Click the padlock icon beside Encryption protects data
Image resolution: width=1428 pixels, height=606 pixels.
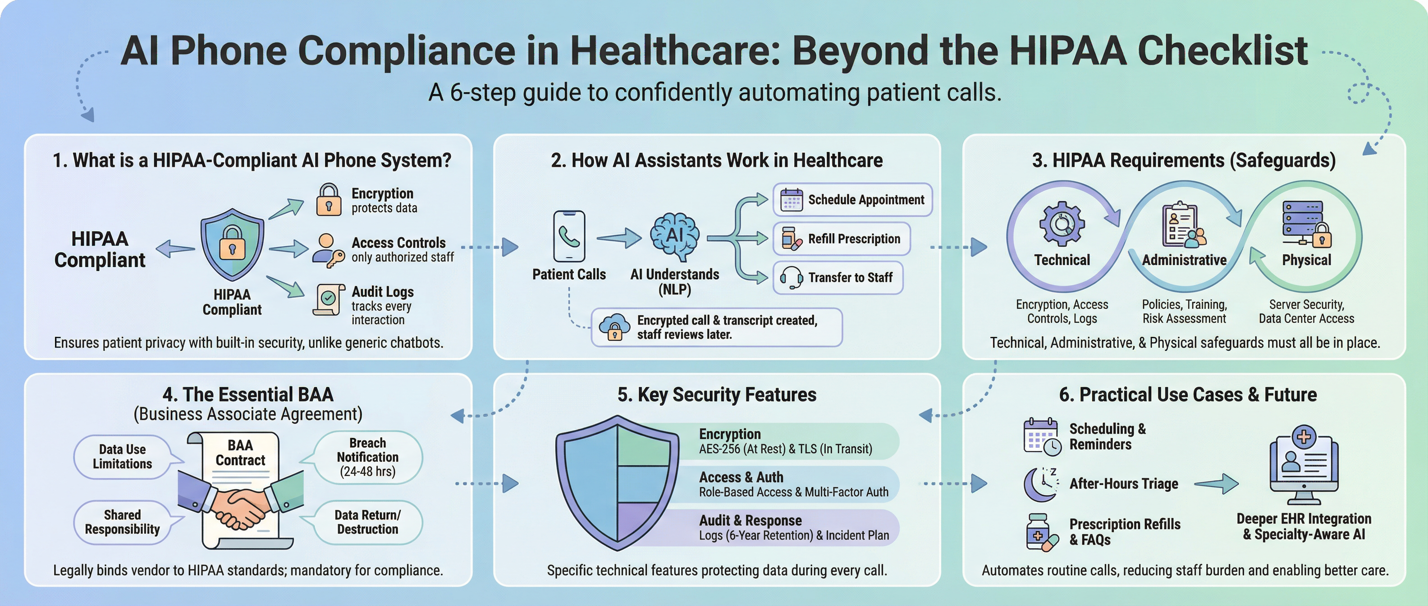pos(329,200)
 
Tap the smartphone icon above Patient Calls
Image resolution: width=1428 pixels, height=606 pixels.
pos(569,236)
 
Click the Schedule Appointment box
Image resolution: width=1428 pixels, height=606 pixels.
pos(852,200)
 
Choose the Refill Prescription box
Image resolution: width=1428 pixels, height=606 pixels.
pos(842,239)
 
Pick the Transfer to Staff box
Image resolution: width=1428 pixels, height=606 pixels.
pos(838,277)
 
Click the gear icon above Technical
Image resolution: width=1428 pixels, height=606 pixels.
pos(1062,224)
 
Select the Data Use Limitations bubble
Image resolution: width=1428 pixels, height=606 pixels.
pos(123,456)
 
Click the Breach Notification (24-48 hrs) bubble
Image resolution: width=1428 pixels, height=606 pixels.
pos(367,457)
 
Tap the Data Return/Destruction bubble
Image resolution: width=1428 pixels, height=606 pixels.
pos(367,522)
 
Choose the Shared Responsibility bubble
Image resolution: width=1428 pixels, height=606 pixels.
pos(123,522)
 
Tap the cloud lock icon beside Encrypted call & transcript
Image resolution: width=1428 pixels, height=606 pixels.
pos(614,327)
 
